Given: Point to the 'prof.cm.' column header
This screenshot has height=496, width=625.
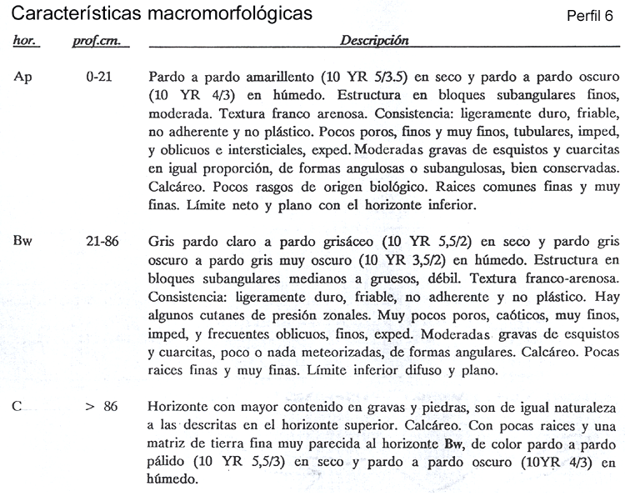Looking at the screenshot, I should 92,40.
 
